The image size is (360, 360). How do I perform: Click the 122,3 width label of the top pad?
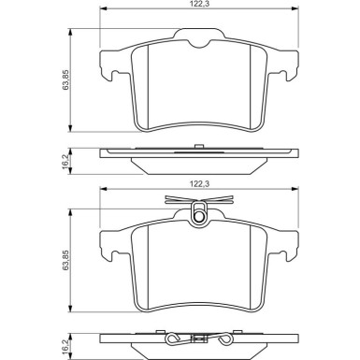[198, 4]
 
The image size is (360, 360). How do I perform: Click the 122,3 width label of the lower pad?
[200, 184]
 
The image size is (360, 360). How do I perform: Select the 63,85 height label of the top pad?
[66, 79]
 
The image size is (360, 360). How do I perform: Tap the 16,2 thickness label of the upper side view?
[65, 161]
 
